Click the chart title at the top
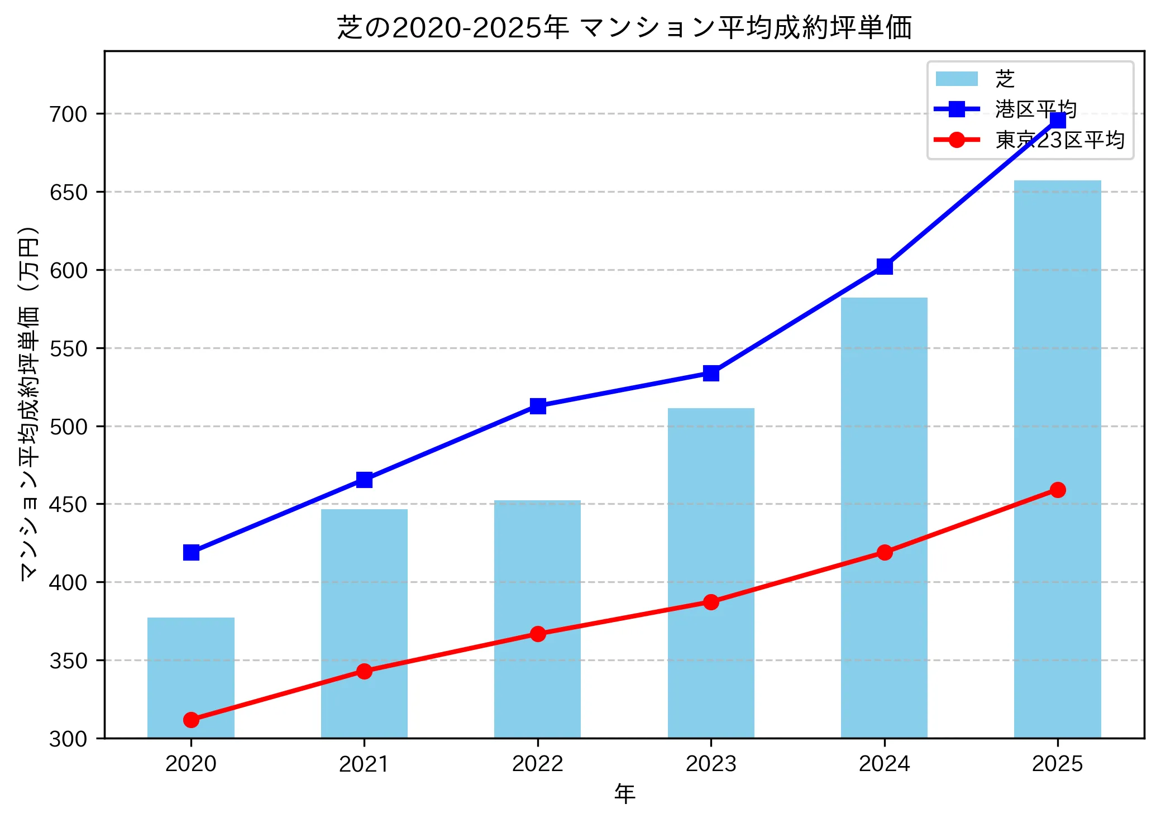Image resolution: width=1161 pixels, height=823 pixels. [624, 28]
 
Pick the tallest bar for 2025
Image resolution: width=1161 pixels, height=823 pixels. [1057, 458]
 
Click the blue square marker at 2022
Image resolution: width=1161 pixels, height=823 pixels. [538, 406]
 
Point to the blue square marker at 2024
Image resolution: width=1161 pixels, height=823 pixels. [885, 266]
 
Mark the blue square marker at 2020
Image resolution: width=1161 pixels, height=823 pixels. [191, 552]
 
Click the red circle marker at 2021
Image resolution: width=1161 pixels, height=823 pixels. [364, 671]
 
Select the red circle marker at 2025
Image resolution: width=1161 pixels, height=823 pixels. [1058, 490]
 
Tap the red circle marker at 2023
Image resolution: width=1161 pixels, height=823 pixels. [711, 602]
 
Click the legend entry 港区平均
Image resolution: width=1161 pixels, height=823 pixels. [1035, 109]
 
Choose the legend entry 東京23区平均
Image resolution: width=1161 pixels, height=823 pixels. [1059, 140]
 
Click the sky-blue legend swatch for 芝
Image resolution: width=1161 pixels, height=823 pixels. [957, 79]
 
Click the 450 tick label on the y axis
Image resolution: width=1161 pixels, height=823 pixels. [69, 504]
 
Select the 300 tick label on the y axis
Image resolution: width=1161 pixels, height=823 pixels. [69, 739]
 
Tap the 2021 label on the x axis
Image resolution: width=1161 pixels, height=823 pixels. [364, 764]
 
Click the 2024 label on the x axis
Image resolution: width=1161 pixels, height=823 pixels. [884, 764]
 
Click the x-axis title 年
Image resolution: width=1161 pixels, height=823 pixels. [624, 794]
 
